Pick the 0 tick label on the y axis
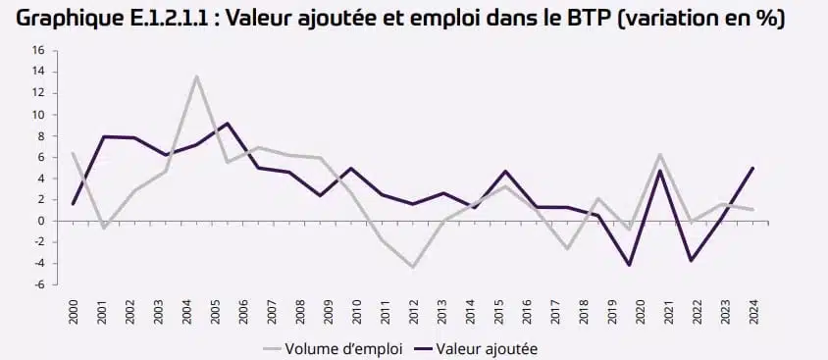point(41,221)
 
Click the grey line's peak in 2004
point(197,77)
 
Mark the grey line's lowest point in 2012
point(414,267)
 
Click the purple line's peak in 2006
point(228,124)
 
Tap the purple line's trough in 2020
point(628,265)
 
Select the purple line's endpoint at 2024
point(752,167)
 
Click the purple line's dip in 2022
point(692,260)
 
